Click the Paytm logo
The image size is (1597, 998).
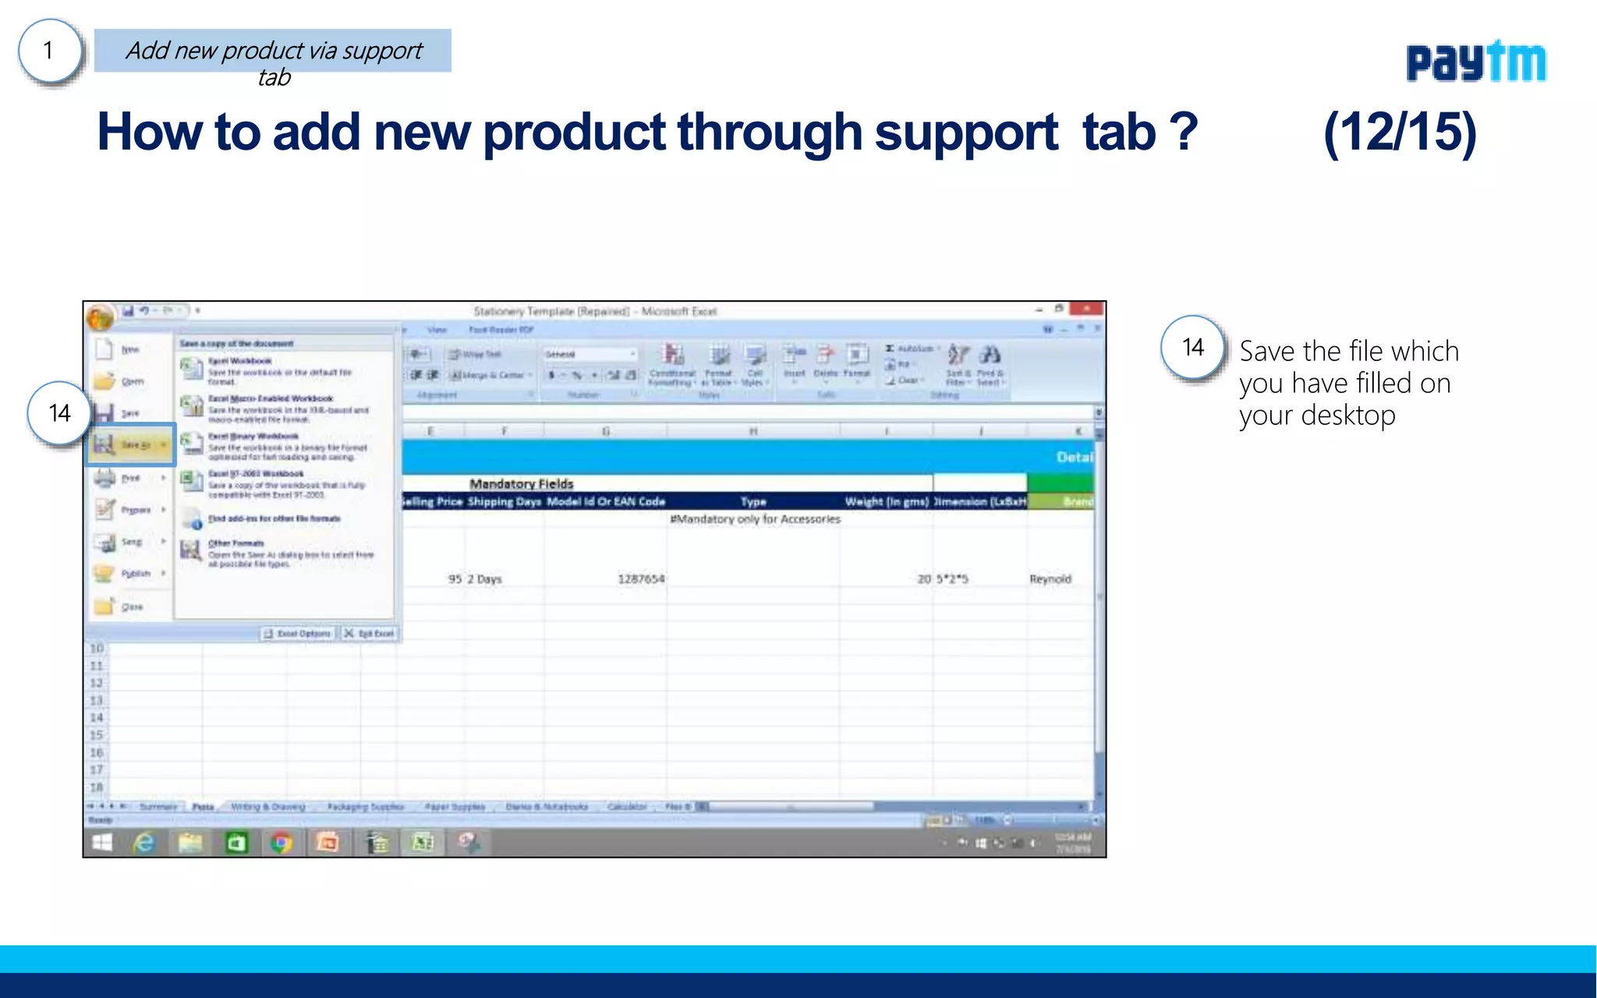(x=1475, y=62)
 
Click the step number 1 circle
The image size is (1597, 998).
(x=49, y=51)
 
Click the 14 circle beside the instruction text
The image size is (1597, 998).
(x=1192, y=348)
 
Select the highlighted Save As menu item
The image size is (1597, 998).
(x=130, y=445)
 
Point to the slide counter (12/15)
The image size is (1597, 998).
(x=1400, y=133)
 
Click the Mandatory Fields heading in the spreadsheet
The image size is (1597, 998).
(x=521, y=484)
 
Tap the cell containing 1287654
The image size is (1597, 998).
(x=640, y=579)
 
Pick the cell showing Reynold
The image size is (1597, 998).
(x=1050, y=579)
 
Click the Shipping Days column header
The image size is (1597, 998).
(x=504, y=501)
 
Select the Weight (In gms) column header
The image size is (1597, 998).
(x=886, y=501)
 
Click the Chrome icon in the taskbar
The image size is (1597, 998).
(x=282, y=843)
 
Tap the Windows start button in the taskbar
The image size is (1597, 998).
(x=102, y=843)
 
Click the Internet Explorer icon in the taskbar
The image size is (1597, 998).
(x=144, y=843)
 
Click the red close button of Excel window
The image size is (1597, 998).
(x=1085, y=310)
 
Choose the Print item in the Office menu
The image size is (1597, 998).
(x=130, y=478)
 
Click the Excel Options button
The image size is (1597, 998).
(x=298, y=634)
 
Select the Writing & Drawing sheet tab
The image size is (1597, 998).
(x=267, y=807)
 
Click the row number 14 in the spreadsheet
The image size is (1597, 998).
(x=97, y=718)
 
